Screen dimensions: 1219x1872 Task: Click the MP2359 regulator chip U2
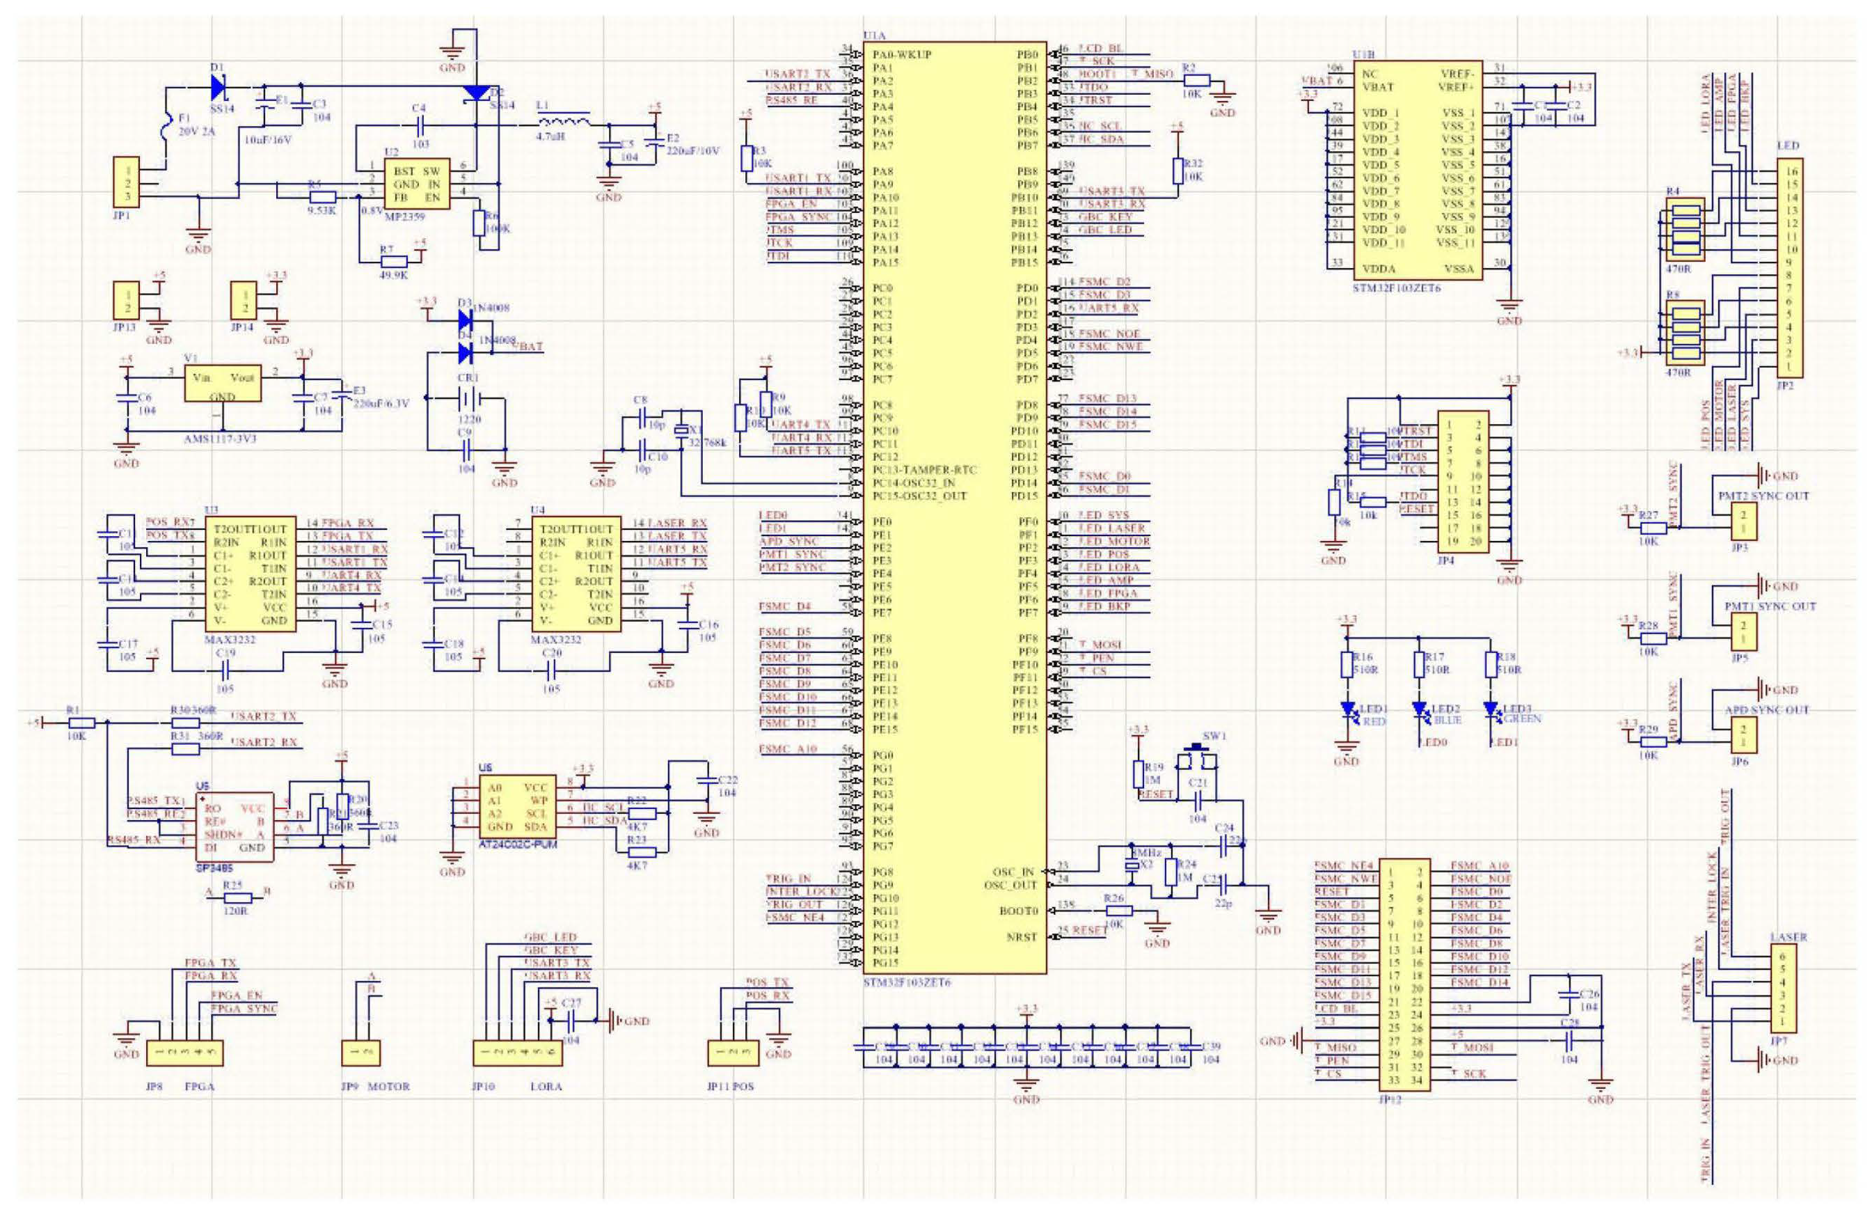tap(416, 184)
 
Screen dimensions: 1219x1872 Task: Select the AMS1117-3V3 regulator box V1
tap(222, 384)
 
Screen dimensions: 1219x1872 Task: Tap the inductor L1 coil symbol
tap(563, 120)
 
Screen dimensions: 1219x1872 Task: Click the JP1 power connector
tap(127, 183)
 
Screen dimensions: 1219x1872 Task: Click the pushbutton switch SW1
tap(1196, 760)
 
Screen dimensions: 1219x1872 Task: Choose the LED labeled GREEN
tap(1491, 711)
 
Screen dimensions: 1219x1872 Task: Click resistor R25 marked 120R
tap(237, 898)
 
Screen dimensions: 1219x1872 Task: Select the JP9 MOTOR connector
tap(361, 1051)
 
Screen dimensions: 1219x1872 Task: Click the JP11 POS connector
tap(733, 1051)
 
